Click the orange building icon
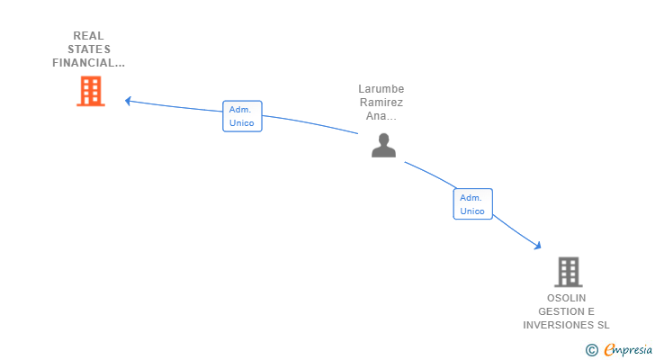pyautogui.click(x=90, y=91)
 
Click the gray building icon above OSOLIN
pyautogui.click(x=568, y=272)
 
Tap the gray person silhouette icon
pyautogui.click(x=383, y=145)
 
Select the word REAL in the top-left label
pyautogui.click(x=88, y=36)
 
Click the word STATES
pyautogui.click(x=88, y=49)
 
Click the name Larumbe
pyautogui.click(x=381, y=89)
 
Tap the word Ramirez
pyautogui.click(x=381, y=103)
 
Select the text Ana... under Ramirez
pyautogui.click(x=381, y=116)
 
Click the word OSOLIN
pyautogui.click(x=566, y=298)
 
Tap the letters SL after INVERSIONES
pyautogui.click(x=603, y=325)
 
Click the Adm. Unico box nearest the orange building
pyautogui.click(x=242, y=116)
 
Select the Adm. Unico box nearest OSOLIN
pyautogui.click(x=472, y=204)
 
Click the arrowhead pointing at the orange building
pyautogui.click(x=128, y=101)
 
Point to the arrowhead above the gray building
pyautogui.click(x=537, y=245)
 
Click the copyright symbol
pyautogui.click(x=591, y=350)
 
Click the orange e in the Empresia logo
pyautogui.click(x=609, y=350)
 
